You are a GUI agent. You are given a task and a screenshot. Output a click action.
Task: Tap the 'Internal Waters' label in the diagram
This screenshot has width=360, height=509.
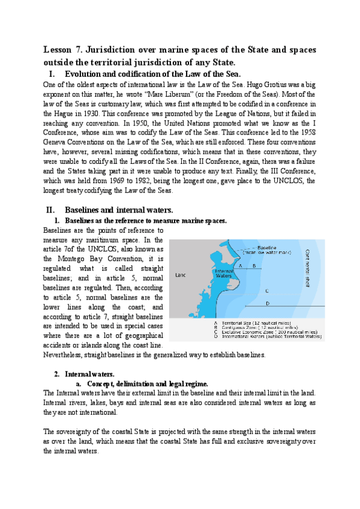coord(223,273)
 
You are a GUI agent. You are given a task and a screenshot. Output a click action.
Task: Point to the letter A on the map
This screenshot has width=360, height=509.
coord(240,265)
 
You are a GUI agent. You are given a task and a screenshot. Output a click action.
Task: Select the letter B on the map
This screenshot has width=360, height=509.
coord(254,265)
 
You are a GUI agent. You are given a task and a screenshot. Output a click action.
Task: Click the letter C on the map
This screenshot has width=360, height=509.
coord(266,291)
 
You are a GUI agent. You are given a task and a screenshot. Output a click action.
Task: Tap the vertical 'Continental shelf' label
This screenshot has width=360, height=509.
coord(308,267)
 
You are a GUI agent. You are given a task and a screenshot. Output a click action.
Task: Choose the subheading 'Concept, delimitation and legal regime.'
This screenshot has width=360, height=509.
coord(148,383)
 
